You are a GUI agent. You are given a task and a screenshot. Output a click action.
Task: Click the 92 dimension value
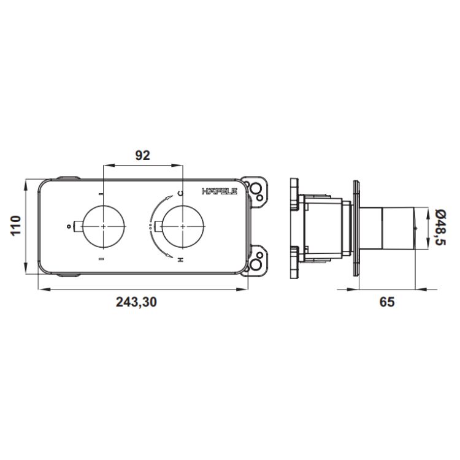pos(142,156)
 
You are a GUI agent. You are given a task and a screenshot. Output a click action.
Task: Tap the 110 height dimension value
pos(16,225)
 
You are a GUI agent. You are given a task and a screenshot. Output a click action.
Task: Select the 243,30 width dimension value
pos(136,302)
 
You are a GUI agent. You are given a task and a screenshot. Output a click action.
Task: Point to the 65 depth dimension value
pos(387,302)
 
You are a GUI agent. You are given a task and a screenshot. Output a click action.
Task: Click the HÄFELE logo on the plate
pos(220,191)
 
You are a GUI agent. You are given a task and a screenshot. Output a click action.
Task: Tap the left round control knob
pos(104,226)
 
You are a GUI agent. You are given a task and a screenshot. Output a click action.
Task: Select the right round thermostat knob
pos(183,226)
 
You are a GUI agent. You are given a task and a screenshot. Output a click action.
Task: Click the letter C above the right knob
pos(181,193)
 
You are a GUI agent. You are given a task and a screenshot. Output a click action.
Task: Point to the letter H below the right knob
pos(181,259)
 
